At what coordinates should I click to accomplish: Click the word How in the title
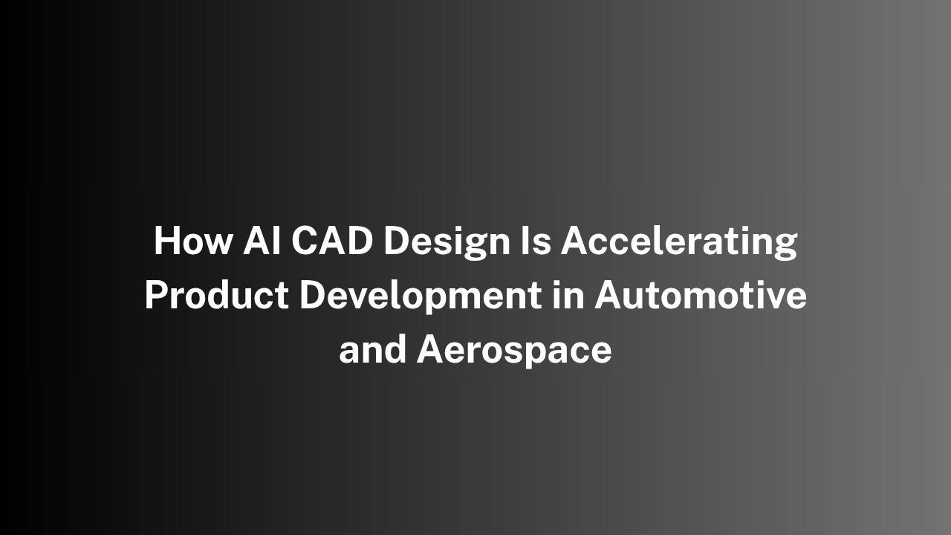pyautogui.click(x=193, y=240)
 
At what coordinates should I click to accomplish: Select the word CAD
pyautogui.click(x=332, y=240)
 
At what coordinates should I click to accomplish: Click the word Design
pyautogui.click(x=447, y=242)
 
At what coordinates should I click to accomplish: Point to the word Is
pyautogui.click(x=536, y=240)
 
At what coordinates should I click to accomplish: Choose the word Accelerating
pyautogui.click(x=679, y=242)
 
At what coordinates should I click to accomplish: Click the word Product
pyautogui.click(x=217, y=295)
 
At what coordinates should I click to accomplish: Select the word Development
pyautogui.click(x=421, y=296)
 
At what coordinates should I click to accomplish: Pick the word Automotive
pyautogui.click(x=701, y=295)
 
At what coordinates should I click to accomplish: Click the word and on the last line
pyautogui.click(x=372, y=349)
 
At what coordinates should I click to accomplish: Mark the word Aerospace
pyautogui.click(x=514, y=351)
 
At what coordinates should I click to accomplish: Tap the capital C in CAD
pyautogui.click(x=305, y=240)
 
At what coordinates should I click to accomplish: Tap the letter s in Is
pyautogui.click(x=542, y=244)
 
